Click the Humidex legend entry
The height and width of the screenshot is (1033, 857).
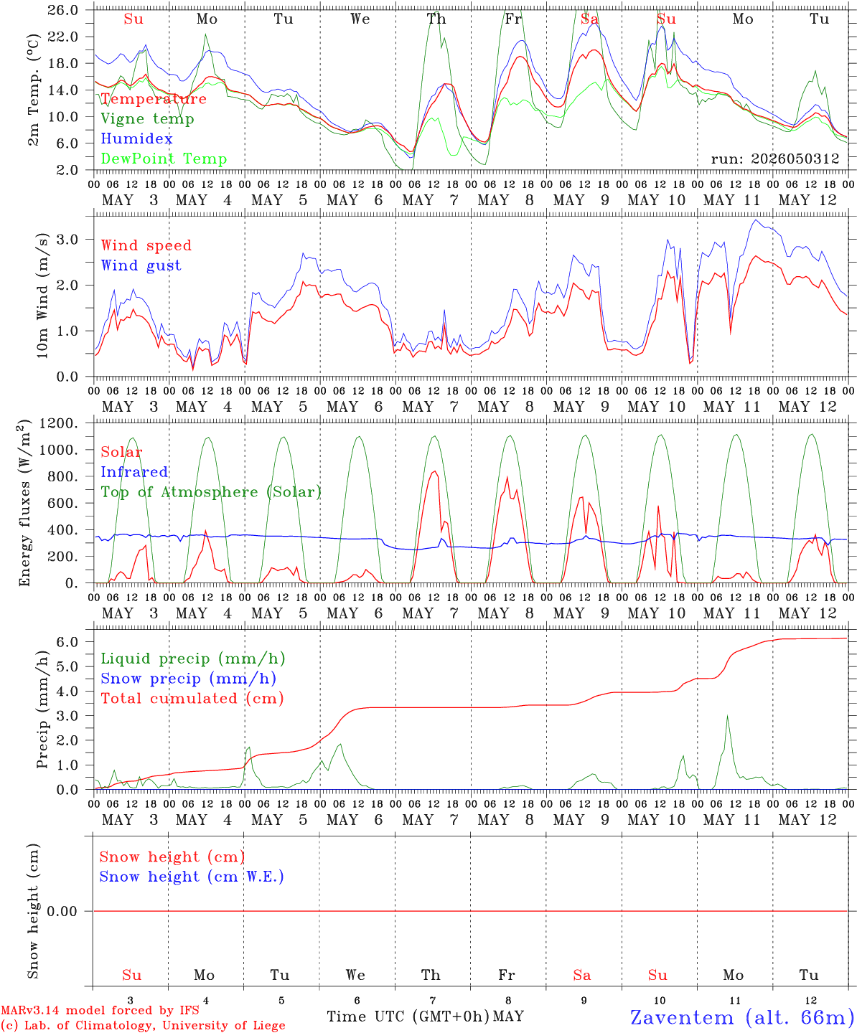136,138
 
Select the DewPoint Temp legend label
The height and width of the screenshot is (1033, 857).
164,159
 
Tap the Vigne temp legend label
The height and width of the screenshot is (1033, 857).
148,119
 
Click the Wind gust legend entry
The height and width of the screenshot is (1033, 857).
141,265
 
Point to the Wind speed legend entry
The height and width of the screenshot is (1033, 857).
146,245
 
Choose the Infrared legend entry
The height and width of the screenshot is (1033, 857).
134,472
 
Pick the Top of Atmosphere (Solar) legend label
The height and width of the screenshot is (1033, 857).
212,492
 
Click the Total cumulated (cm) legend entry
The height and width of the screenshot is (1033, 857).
192,699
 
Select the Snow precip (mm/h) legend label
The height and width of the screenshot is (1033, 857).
188,679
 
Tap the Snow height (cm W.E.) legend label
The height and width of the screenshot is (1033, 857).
192,877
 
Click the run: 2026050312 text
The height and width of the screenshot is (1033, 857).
775,159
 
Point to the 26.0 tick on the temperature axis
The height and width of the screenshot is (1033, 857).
63,10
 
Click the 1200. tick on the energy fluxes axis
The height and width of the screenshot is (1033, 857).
59,423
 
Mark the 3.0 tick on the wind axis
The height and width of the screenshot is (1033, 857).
67,240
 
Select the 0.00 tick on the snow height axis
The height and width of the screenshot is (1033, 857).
62,911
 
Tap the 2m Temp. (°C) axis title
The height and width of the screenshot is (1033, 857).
33,90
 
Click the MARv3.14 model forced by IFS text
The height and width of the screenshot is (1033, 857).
100,1010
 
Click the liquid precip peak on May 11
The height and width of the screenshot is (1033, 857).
727,715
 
